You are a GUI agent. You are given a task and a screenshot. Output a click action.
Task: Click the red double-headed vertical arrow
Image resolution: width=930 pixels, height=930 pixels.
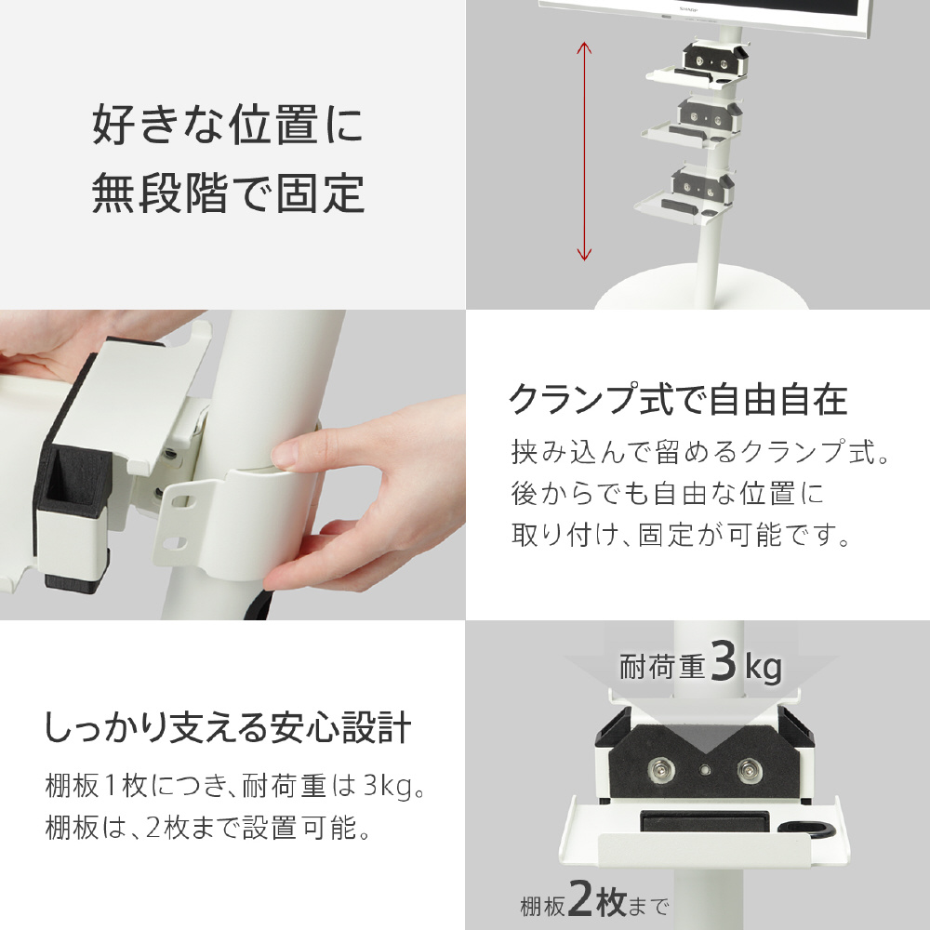[584, 152]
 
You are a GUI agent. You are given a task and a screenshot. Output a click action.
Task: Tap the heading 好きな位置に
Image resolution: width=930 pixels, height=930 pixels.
[228, 124]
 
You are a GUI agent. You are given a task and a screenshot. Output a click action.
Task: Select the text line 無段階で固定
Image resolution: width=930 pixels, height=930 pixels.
[228, 193]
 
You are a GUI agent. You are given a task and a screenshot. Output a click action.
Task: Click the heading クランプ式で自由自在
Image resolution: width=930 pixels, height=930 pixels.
[679, 399]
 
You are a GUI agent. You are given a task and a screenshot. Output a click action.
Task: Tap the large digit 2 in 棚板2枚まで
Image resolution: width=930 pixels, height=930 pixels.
[580, 898]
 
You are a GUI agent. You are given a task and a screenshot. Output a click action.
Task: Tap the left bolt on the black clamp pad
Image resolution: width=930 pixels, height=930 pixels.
[660, 770]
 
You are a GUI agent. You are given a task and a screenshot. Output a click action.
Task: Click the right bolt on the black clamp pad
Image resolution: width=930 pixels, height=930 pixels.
[749, 771]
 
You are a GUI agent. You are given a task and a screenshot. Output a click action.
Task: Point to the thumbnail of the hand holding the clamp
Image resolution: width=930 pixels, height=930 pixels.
[232, 465]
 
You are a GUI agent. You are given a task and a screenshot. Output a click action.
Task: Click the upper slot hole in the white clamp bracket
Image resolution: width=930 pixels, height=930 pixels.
[179, 500]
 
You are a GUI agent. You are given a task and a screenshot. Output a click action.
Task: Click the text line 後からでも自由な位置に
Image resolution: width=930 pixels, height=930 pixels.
[668, 493]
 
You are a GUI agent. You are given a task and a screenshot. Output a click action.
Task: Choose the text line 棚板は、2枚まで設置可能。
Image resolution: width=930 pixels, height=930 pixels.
[207, 828]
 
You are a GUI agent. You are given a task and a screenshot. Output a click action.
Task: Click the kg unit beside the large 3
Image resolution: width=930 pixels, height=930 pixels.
[764, 668]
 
